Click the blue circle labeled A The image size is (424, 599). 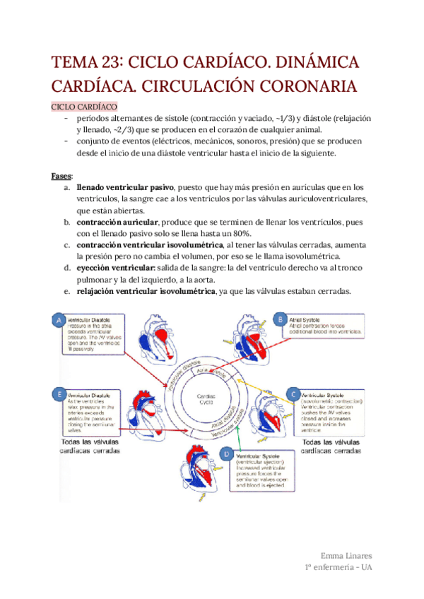(x=58, y=321)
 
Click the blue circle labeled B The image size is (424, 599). (x=280, y=320)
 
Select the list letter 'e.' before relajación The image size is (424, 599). (x=66, y=292)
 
